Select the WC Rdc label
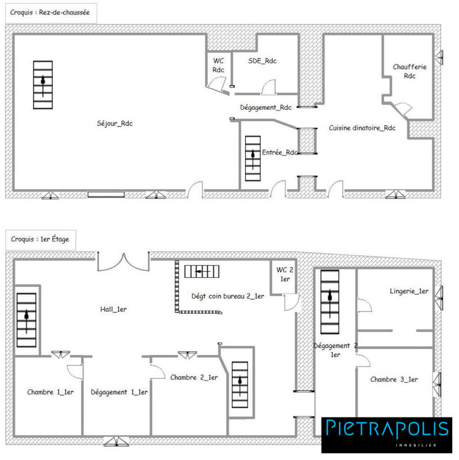tap(218, 65)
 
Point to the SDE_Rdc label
tap(262, 61)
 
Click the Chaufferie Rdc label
tap(410, 71)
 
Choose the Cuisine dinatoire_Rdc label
tap(362, 128)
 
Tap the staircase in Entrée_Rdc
tap(252, 158)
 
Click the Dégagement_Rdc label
tap(266, 108)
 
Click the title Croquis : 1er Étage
tap(40, 239)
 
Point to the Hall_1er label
tap(113, 309)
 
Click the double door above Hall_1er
tap(123, 262)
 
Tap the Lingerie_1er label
tap(408, 292)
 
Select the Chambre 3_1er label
tap(394, 379)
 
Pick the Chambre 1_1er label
tap(49, 392)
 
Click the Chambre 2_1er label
tap(194, 377)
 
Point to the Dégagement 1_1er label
tap(120, 392)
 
